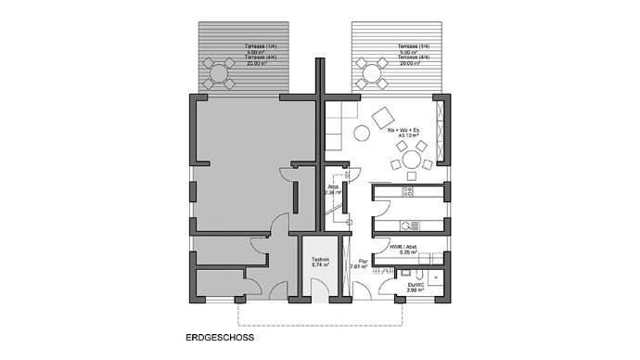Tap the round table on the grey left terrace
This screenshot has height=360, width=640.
(221, 71)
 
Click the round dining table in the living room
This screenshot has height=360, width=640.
(410, 163)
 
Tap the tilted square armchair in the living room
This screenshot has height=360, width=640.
(380, 118)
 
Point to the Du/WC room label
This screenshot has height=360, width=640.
(415, 285)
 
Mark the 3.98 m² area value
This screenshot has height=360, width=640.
(415, 290)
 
